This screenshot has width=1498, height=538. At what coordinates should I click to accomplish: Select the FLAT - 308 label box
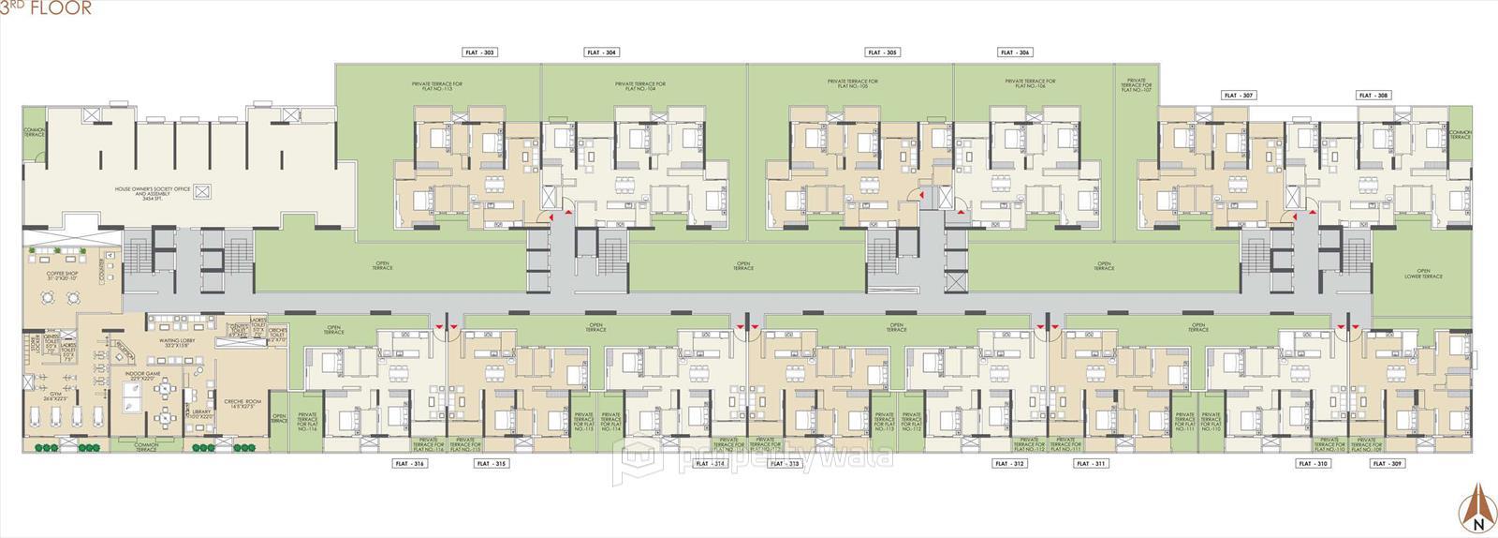(x=1374, y=96)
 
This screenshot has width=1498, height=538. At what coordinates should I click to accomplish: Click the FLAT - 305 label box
(x=882, y=52)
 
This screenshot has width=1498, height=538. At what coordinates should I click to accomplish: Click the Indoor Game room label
(x=143, y=375)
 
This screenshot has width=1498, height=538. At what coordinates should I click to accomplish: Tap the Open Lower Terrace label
(x=1424, y=274)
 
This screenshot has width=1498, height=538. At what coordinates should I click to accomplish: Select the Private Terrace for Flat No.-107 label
(x=1137, y=86)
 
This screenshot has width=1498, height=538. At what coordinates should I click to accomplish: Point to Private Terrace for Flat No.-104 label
(x=642, y=86)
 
